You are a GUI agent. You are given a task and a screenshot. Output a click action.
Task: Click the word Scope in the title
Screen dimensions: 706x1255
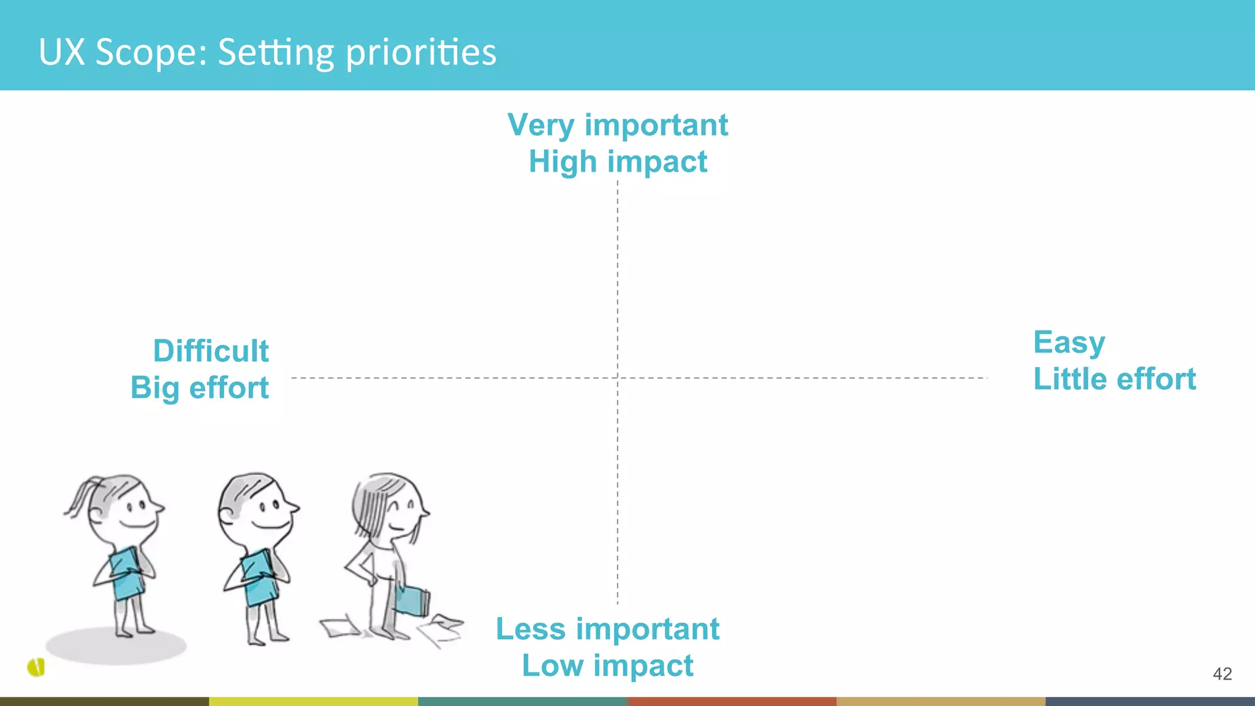click(151, 52)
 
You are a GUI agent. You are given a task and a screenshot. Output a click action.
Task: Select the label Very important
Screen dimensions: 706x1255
click(618, 125)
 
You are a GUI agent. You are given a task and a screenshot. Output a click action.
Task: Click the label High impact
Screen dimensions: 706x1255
click(618, 162)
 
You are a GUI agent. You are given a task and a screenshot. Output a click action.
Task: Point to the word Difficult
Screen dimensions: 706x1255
click(211, 351)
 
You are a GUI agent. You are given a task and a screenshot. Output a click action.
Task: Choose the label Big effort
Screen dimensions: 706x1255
click(200, 388)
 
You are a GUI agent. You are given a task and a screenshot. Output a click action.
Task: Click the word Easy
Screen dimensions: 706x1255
click(1069, 343)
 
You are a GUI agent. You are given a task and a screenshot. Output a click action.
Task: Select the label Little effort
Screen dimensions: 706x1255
click(1114, 379)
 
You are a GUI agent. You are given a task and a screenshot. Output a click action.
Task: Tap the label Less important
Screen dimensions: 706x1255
click(607, 629)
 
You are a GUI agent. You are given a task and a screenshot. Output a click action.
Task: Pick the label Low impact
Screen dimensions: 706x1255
click(607, 666)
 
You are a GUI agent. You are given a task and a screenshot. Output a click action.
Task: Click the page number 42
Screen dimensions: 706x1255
click(1222, 674)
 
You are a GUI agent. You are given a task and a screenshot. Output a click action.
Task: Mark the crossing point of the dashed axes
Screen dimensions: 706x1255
click(618, 378)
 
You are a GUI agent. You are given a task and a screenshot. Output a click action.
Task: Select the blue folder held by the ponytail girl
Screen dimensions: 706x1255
click(127, 573)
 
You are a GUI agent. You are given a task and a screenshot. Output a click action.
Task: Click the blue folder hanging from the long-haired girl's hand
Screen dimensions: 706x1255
click(412, 601)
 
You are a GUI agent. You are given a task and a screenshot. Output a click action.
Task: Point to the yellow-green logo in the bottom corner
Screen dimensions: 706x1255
click(37, 667)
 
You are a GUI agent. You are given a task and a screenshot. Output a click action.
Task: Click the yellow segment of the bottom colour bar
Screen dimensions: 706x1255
click(313, 701)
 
